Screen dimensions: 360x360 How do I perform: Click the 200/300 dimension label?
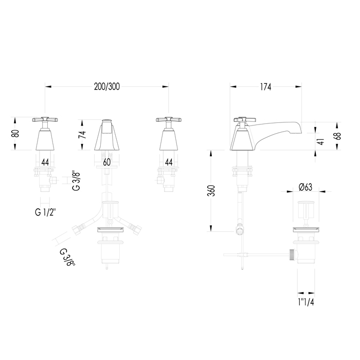click(x=107, y=87)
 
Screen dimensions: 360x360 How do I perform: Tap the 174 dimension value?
click(x=266, y=87)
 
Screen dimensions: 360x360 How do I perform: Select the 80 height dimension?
click(x=16, y=133)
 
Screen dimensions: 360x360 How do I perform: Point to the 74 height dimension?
click(x=82, y=134)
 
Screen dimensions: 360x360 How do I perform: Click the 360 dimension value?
click(x=211, y=191)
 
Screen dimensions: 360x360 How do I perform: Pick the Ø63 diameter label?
click(x=305, y=187)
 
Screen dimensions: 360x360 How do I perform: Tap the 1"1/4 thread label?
click(x=306, y=302)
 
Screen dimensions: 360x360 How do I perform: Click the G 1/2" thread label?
click(x=45, y=212)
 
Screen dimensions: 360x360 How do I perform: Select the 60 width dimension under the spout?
click(x=107, y=163)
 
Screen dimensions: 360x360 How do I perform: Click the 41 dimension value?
click(x=321, y=141)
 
